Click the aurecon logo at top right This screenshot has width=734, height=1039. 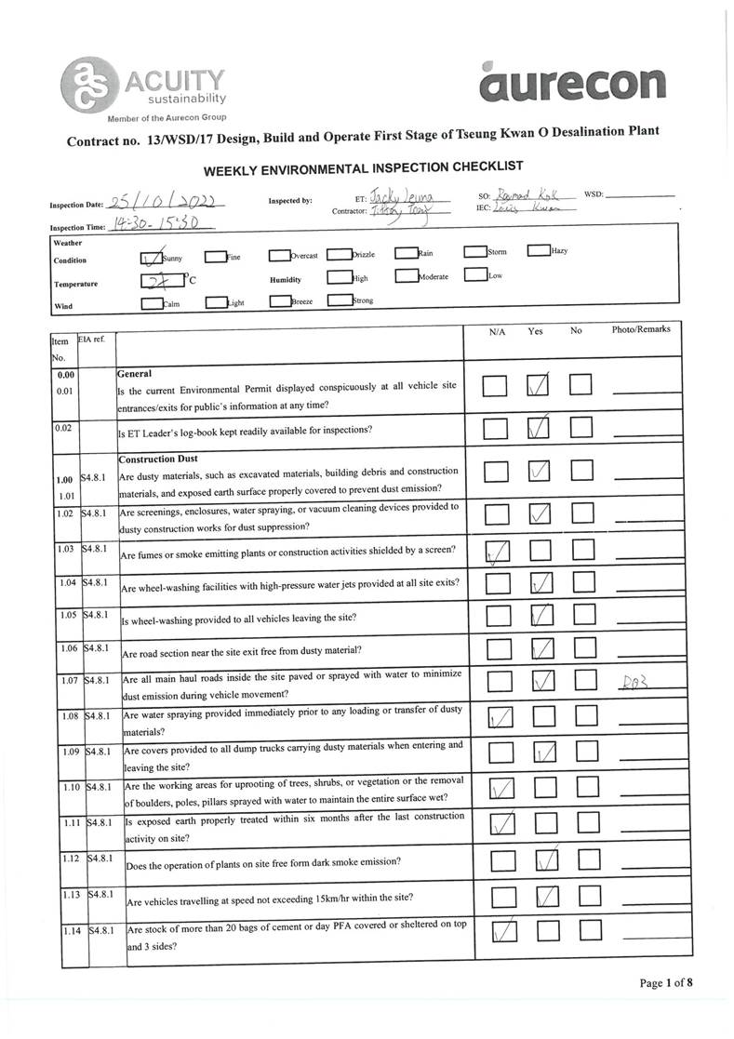pos(573,81)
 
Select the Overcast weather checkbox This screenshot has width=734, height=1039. pos(279,255)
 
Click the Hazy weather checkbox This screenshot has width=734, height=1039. pos(538,251)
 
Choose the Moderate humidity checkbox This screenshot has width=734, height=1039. pos(406,276)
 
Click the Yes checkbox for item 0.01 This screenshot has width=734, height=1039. pos(539,386)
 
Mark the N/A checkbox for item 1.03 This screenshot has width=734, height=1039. pos(497,554)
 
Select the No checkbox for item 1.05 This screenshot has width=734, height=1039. pos(583,615)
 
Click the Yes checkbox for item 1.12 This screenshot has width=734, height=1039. pos(548,860)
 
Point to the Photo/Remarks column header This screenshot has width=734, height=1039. pos(640,329)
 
